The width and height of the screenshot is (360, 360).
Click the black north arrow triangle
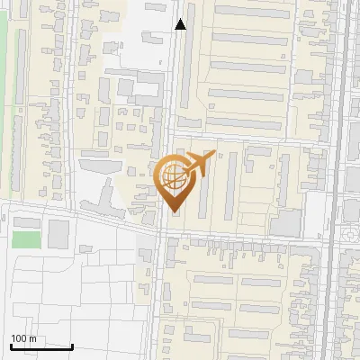(181, 24)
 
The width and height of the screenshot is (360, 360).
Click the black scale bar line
(40, 346)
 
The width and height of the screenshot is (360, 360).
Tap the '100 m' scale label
(23, 338)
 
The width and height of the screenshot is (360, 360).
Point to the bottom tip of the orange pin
(175, 212)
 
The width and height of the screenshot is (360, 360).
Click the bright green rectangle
(26, 240)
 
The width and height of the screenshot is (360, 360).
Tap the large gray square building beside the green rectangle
(58, 234)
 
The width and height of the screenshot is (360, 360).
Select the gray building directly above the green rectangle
(26, 222)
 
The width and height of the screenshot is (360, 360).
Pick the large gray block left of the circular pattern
(286, 222)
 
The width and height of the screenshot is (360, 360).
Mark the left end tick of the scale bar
(10, 346)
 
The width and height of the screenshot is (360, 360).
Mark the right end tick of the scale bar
(72, 346)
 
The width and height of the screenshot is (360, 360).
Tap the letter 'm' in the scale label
(32, 338)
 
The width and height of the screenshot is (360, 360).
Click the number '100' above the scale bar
(19, 338)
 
